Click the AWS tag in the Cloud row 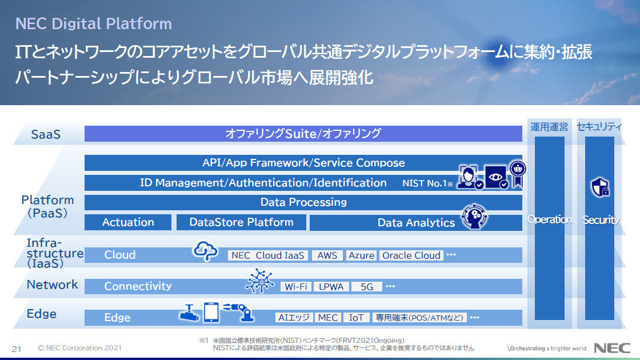[327, 255]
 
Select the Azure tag [361, 255]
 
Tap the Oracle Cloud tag [411, 255]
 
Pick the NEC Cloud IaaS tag [268, 255]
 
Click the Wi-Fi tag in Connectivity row [296, 286]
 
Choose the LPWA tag [331, 286]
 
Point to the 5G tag [366, 286]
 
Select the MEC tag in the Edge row [328, 317]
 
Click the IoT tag [356, 317]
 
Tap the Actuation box [128, 222]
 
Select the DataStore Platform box [241, 222]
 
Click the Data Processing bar [303, 202]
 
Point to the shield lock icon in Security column [599, 187]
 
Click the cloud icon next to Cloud [205, 251]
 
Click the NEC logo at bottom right [612, 347]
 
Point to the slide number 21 [17, 348]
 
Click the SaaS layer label [46, 135]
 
